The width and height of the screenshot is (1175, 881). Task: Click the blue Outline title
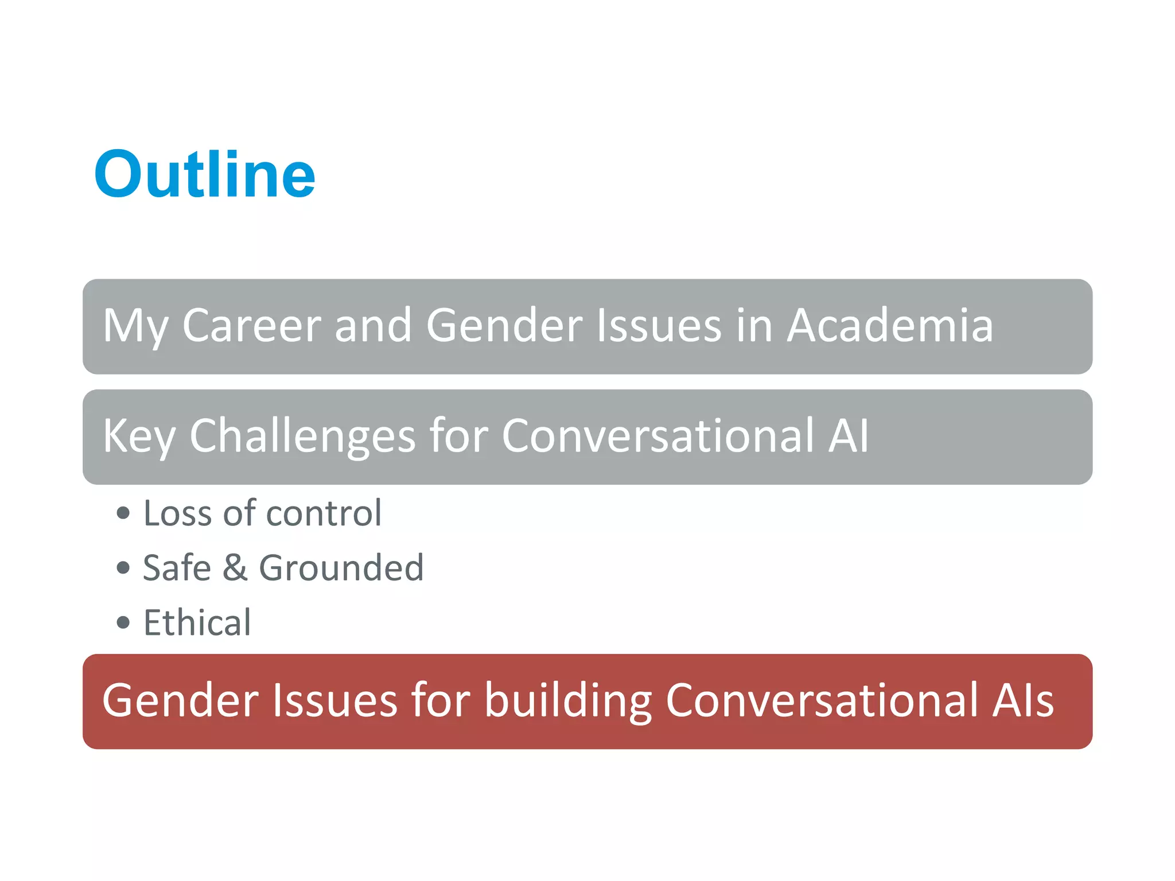pos(205,174)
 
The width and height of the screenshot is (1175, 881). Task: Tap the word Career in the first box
pos(251,326)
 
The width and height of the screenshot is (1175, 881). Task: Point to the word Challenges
pos(302,436)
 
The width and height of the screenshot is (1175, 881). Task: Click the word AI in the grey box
pos(848,436)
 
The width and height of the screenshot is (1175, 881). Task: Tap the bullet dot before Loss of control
pos(123,513)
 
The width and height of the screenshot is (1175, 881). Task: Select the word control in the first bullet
pos(324,513)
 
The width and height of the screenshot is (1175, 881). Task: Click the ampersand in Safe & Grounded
pos(235,568)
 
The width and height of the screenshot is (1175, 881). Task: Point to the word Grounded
pos(341,568)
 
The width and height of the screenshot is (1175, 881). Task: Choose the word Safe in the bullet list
pos(177,568)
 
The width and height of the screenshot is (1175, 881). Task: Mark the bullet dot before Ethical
pos(123,622)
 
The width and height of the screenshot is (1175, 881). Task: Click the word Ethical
pos(197,622)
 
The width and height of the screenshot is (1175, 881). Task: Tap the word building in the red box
pos(568,701)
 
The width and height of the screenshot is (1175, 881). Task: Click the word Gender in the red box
pos(180,701)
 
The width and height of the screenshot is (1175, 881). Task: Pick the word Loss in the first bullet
pos(177,513)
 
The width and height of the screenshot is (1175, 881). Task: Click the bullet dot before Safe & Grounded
pos(123,568)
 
